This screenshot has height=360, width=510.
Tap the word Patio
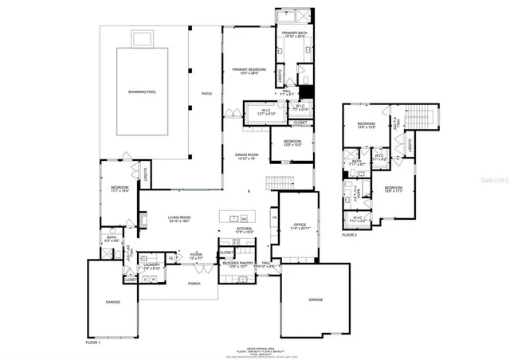pos(206,95)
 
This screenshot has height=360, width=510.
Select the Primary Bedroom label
pos(248,71)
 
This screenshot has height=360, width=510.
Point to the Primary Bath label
pos(294,33)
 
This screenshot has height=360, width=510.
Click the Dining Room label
pos(246,155)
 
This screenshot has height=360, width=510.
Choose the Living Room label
pos(178,219)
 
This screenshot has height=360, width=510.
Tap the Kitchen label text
pos(245,230)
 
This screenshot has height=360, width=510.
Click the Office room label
pos(300,226)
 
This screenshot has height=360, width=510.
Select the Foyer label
pos(196,256)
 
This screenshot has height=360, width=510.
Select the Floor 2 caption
pos(350,235)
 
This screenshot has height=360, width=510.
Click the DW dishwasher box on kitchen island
pos(244,219)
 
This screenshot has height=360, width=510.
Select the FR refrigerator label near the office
pos(274,217)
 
